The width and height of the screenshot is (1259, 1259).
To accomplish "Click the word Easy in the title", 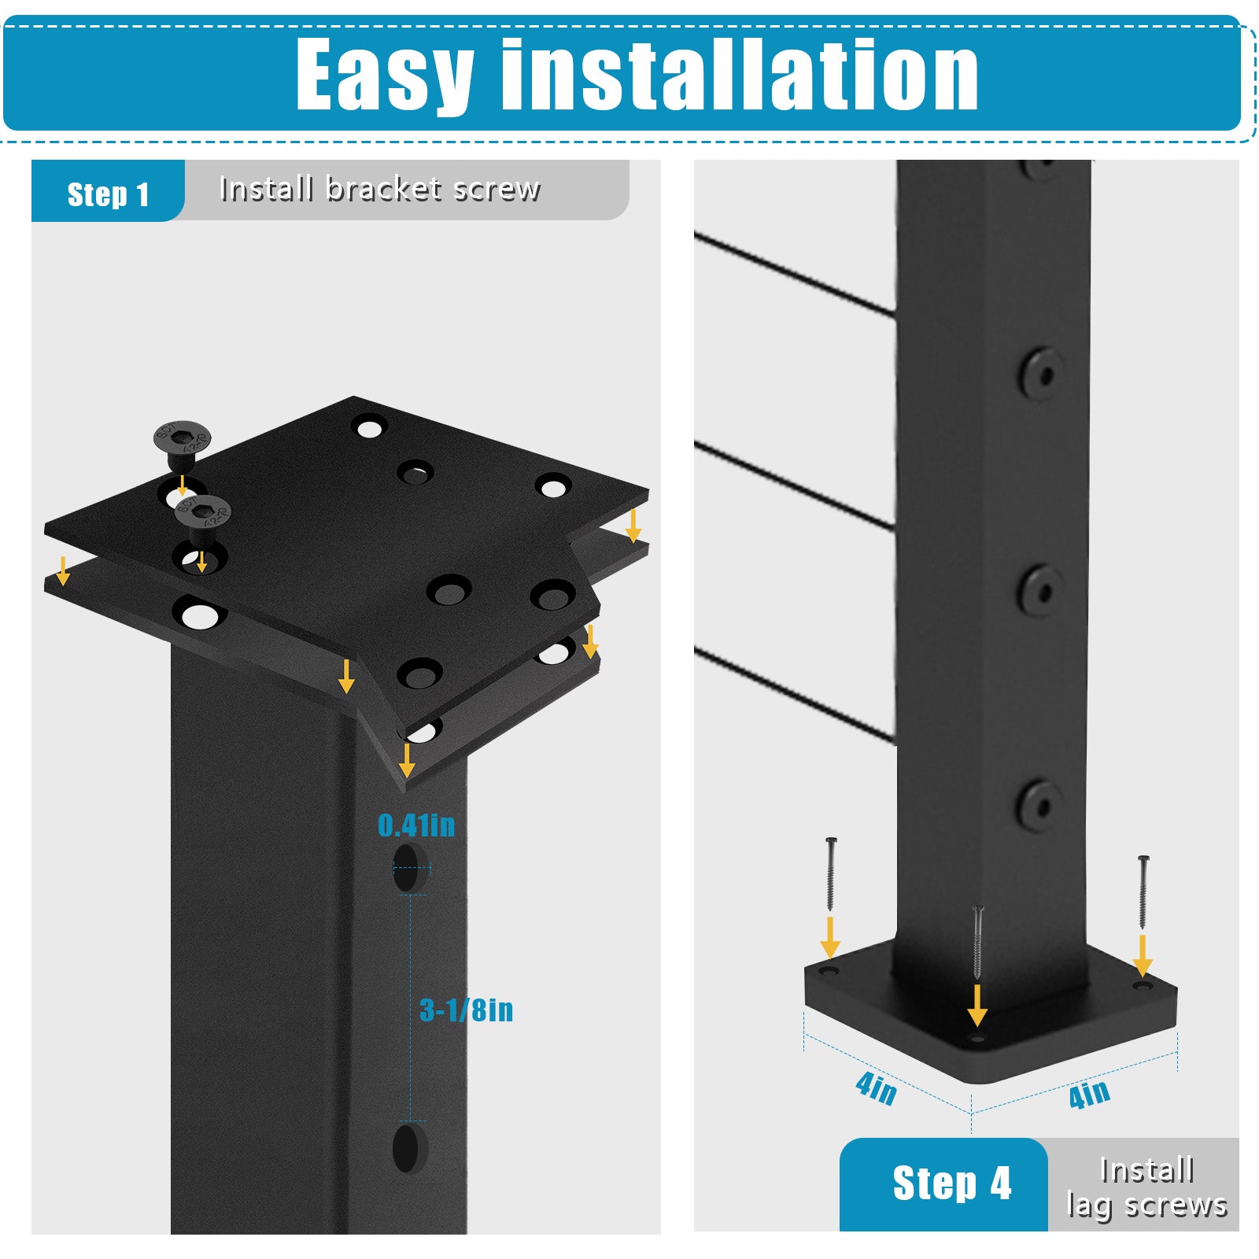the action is [x=385, y=76].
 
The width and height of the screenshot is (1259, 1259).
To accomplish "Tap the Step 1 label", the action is [x=108, y=194].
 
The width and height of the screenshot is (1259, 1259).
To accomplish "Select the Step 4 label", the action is [x=951, y=1183].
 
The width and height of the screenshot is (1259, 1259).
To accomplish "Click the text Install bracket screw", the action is [x=379, y=189].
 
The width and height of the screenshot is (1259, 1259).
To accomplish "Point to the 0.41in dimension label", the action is [x=416, y=825].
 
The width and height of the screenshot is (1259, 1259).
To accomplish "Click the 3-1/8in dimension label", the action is [x=466, y=1010].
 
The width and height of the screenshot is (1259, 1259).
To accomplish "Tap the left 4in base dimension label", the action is [x=876, y=1088].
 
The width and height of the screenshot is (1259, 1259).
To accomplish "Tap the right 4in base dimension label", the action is [x=1090, y=1093].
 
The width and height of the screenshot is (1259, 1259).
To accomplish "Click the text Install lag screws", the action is [x=1146, y=1187].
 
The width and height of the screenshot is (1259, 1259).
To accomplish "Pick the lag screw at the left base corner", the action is [x=830, y=874].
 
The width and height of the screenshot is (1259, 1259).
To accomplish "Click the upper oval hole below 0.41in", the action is [x=407, y=868].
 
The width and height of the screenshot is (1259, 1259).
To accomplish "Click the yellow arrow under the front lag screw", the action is [x=977, y=1005].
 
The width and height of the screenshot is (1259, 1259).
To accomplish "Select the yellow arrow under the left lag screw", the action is [x=830, y=937].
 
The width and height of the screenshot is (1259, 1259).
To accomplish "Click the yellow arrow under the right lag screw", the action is [x=1143, y=955].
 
